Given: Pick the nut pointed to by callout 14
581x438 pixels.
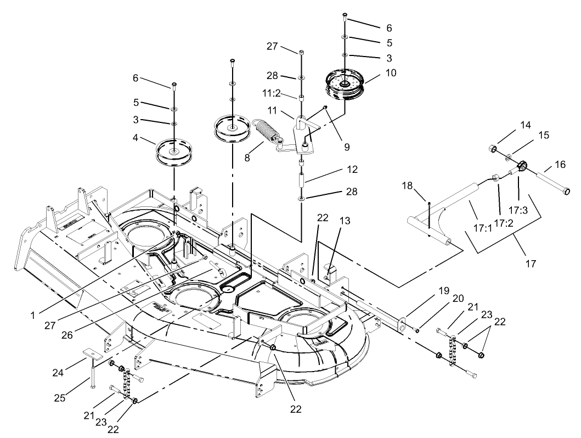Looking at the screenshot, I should coord(493,149).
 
